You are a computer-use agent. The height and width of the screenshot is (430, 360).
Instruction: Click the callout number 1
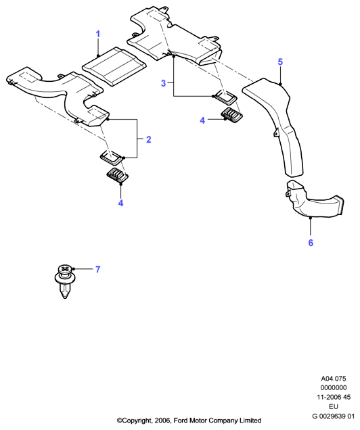(x=98, y=34)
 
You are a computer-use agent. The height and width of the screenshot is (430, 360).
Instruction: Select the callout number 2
(x=148, y=139)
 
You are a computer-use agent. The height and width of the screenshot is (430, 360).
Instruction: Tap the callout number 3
(x=163, y=83)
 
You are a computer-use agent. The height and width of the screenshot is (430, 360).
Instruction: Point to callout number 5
(x=280, y=62)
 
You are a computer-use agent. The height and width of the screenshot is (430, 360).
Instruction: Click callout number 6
(x=311, y=243)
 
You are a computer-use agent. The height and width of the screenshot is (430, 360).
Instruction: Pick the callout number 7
(x=98, y=269)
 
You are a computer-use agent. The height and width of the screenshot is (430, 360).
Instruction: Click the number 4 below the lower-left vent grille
(x=120, y=203)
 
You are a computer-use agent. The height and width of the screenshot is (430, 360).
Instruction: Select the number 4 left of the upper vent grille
(x=202, y=120)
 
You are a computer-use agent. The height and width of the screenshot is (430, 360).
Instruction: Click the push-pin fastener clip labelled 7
(x=65, y=281)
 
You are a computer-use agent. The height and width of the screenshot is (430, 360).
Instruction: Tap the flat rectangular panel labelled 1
(x=114, y=66)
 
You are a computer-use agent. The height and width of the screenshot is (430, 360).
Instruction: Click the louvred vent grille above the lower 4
(x=118, y=174)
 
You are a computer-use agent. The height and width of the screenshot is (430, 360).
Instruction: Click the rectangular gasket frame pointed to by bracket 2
(x=112, y=158)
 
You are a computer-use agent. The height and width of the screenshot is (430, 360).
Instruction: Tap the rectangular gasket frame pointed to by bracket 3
(x=225, y=97)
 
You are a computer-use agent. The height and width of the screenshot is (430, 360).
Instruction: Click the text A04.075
(x=334, y=379)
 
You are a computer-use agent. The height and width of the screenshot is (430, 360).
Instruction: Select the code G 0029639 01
(x=334, y=416)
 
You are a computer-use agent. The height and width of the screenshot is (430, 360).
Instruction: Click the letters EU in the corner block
(x=334, y=407)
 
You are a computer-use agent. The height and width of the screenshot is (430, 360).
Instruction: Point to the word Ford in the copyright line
(x=180, y=420)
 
